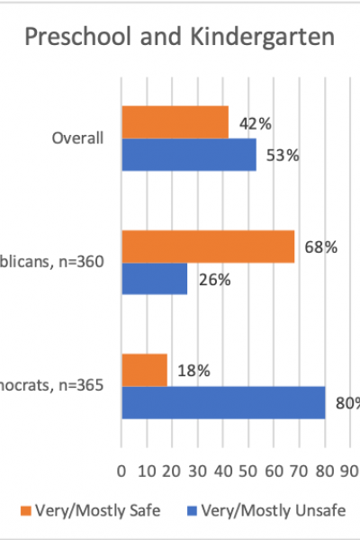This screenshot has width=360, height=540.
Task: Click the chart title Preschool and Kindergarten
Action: tap(180, 39)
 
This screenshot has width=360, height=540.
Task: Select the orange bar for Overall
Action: tap(175, 122)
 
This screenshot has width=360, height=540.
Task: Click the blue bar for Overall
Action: tap(188, 155)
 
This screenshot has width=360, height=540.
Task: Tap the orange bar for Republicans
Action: tap(208, 247)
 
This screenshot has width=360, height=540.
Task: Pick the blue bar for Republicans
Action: tap(154, 279)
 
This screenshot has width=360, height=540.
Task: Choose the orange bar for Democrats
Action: tap(144, 370)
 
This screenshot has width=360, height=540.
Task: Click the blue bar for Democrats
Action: tap(222, 402)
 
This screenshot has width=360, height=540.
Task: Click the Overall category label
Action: tap(78, 139)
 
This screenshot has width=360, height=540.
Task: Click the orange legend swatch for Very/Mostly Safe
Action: tap(24, 511)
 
